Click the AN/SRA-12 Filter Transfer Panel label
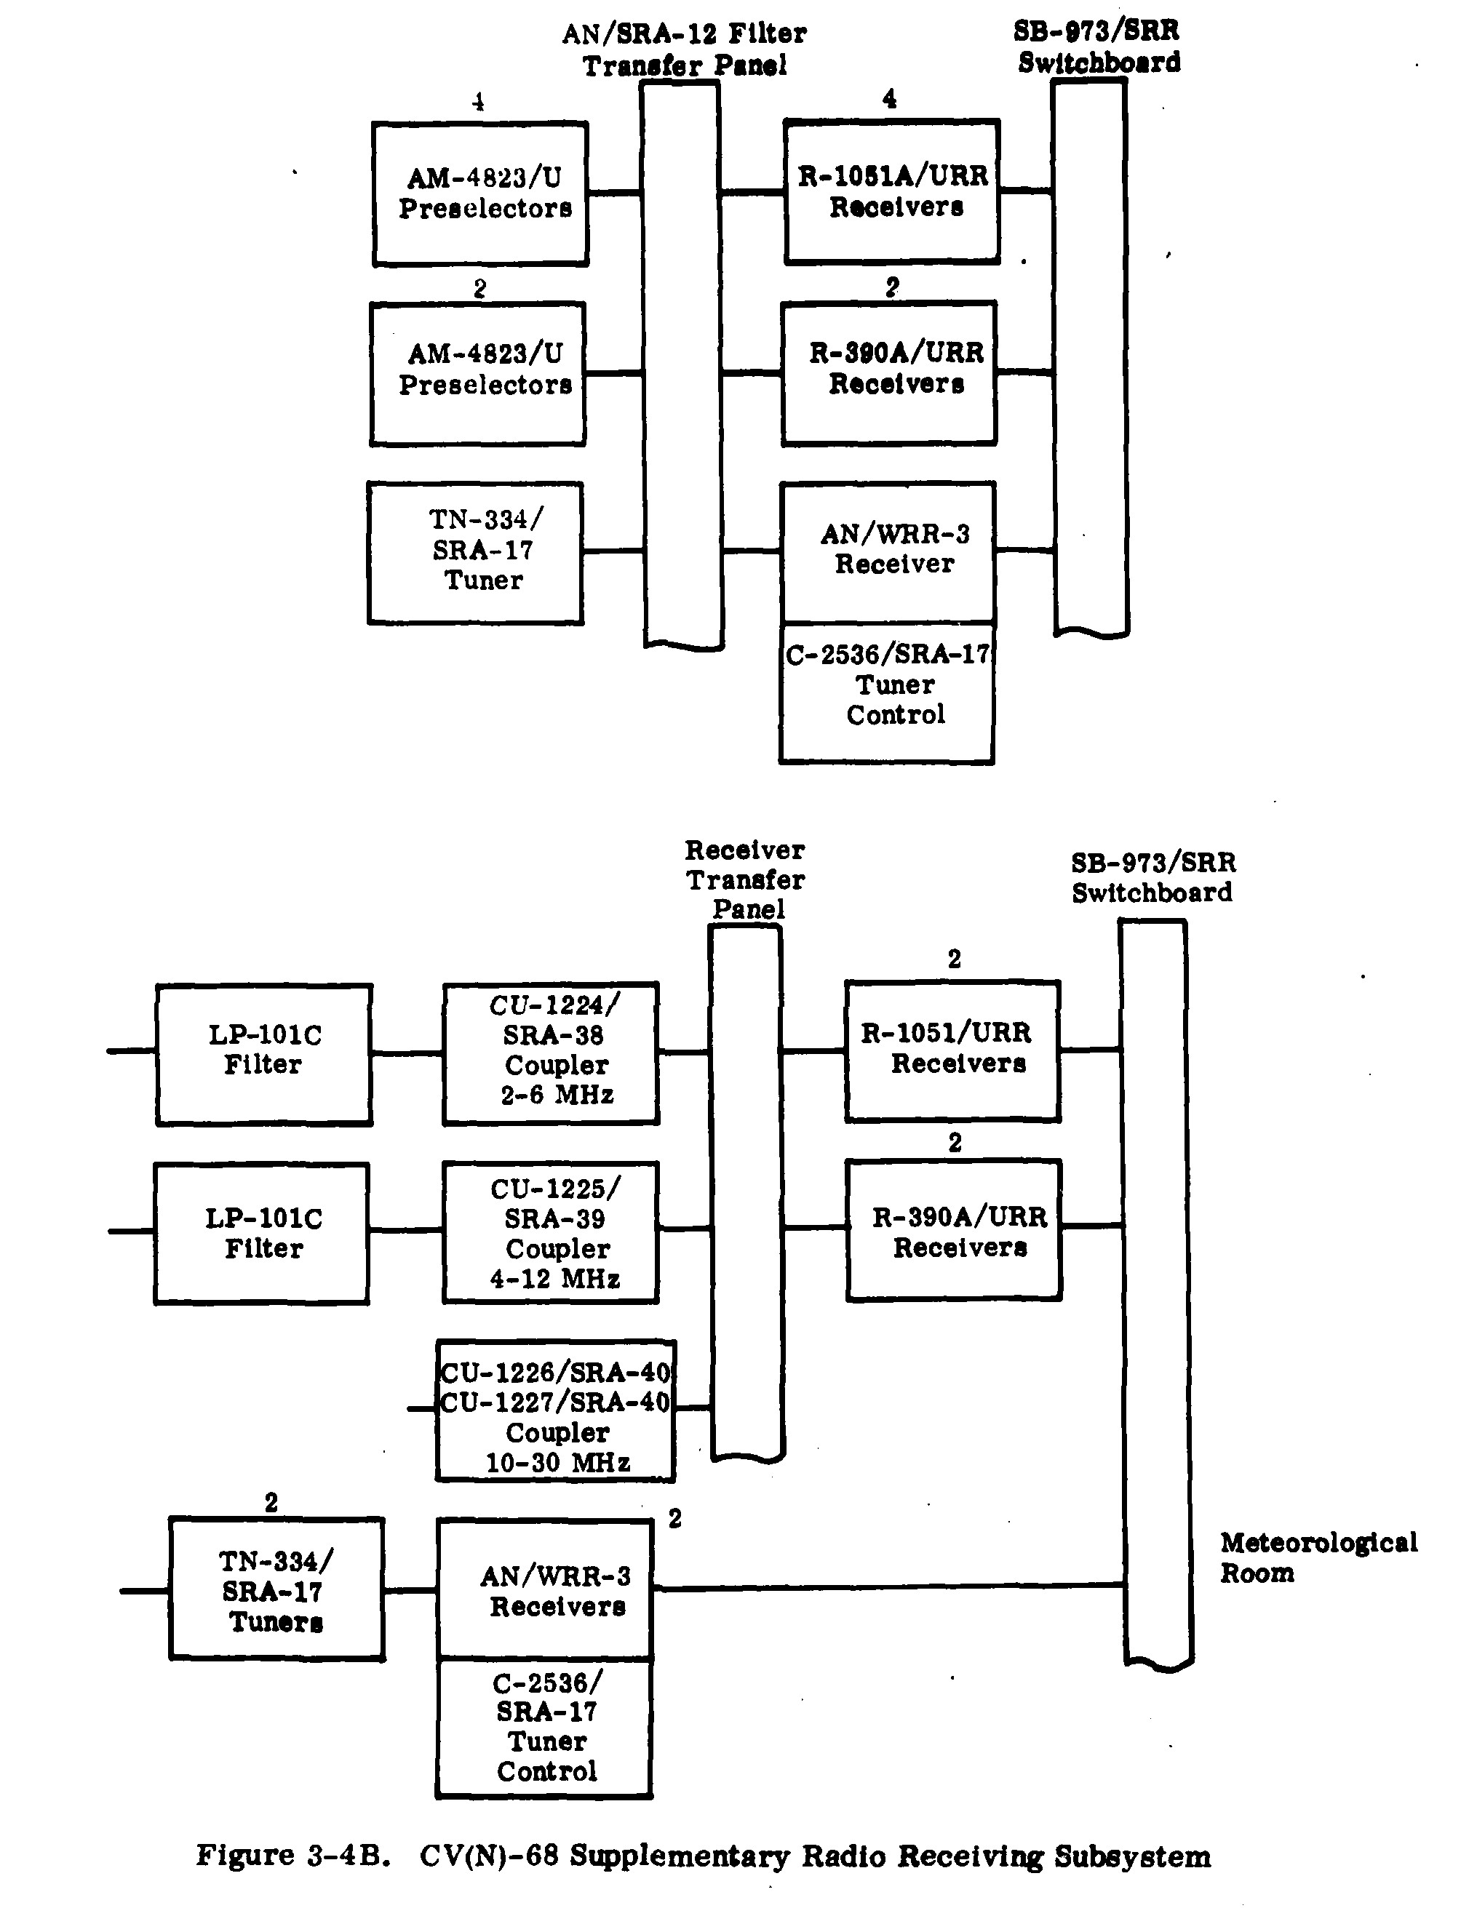(685, 49)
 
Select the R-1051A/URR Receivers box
(892, 192)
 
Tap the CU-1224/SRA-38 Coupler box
(552, 1052)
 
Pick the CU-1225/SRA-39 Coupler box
(552, 1233)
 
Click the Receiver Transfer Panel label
(746, 879)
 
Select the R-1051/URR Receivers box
(952, 1051)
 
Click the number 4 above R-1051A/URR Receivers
(890, 99)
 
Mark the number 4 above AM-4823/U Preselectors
(478, 103)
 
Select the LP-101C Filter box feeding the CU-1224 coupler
(264, 1053)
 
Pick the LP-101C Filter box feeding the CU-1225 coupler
(262, 1234)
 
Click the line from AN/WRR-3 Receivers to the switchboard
(887, 1586)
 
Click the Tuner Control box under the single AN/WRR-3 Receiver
(887, 692)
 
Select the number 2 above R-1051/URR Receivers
(955, 959)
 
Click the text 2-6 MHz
(557, 1095)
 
